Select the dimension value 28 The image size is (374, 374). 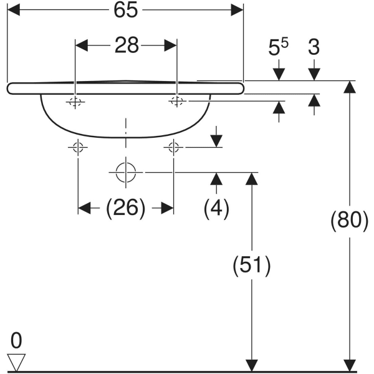pos(127,47)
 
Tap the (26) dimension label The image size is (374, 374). pos(125,208)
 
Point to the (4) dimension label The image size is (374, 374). pos(216,208)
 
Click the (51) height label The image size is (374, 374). pos(251,267)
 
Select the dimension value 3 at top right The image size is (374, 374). pos(314,48)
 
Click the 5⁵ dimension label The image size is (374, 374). pos(278,48)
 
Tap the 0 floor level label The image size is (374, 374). pos(16,340)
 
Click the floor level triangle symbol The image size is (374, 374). pos(16,362)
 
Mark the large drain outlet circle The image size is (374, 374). pos(126,171)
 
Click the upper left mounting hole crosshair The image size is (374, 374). pos(75,102)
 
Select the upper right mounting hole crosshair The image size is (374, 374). pos(177,101)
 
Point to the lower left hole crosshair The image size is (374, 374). pos(78,148)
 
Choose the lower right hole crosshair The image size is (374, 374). pos(174,148)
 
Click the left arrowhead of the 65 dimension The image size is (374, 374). pos(12,9)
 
